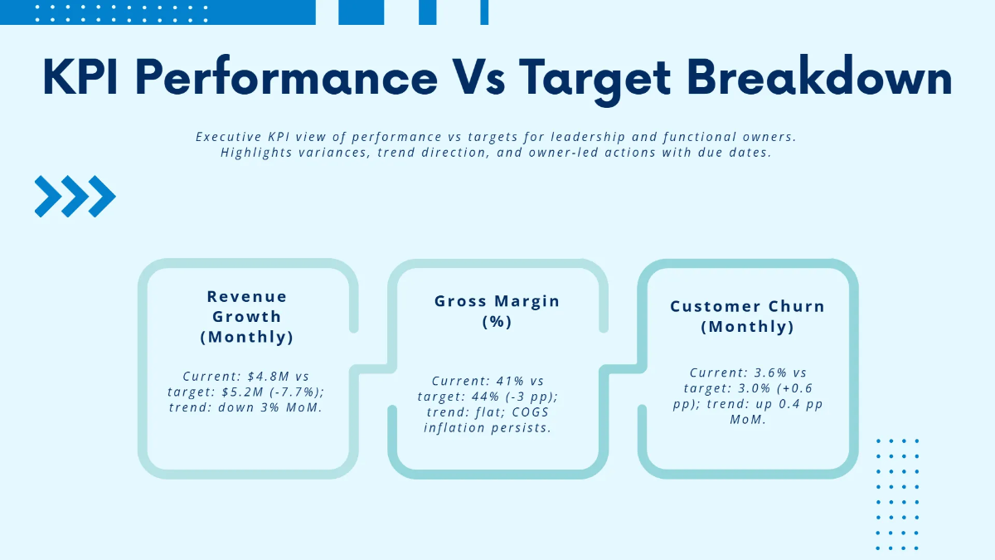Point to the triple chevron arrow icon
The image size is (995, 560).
pos(75,197)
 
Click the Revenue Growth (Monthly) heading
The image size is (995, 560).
pos(247,317)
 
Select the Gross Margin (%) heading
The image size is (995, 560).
pos(497,311)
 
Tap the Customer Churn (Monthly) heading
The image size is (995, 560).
pos(747,316)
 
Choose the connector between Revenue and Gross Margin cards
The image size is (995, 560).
pos(373,368)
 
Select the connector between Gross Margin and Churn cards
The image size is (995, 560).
pos(623,368)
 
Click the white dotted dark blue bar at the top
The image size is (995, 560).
pos(158,12)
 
